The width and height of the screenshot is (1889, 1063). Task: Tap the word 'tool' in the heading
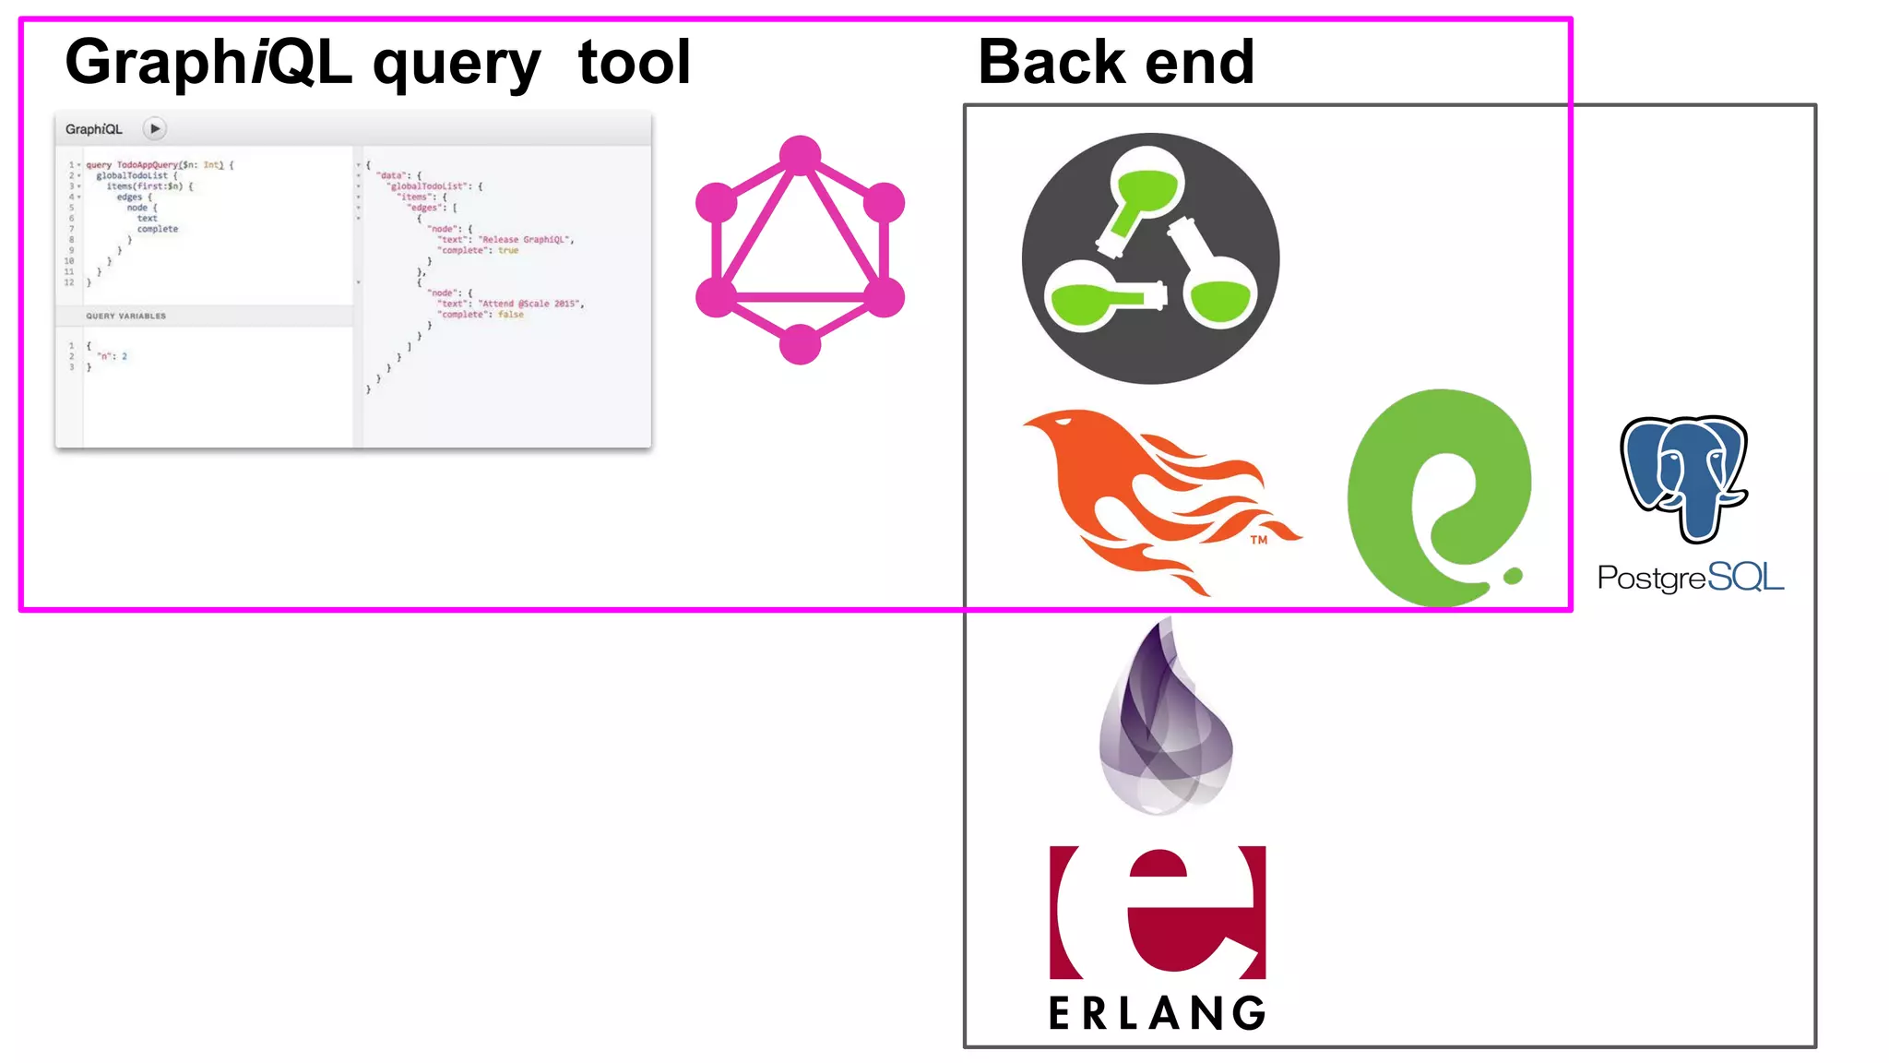tap(635, 63)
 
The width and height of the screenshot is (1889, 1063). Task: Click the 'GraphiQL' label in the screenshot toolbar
tap(94, 129)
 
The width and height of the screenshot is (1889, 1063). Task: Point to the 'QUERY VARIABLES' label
tap(126, 317)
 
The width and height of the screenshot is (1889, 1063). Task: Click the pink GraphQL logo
tap(800, 250)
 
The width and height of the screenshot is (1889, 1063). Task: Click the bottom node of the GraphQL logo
tap(800, 345)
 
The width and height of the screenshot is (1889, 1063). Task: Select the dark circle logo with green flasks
tap(1150, 258)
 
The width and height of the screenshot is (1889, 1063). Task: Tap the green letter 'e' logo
tap(1434, 498)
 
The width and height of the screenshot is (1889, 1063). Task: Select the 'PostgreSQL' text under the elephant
tap(1690, 578)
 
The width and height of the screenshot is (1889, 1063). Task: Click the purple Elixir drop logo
tap(1166, 720)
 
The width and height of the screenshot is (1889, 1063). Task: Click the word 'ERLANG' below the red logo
tap(1158, 1013)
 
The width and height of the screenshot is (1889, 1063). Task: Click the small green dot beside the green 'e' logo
tap(1513, 576)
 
